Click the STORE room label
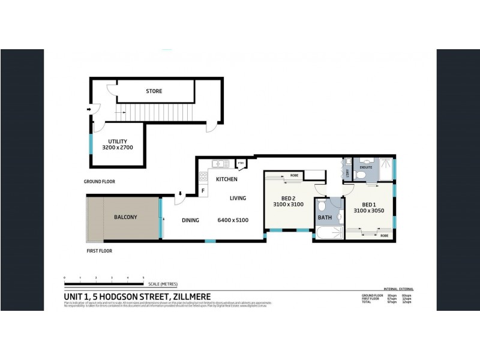[x=154, y=91]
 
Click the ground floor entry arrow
[x=89, y=109]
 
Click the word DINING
[x=190, y=220]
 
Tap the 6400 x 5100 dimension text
[x=233, y=220]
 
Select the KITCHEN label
[x=227, y=179]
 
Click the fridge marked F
[x=203, y=191]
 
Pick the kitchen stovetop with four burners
[x=203, y=176]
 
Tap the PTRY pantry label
[x=241, y=163]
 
